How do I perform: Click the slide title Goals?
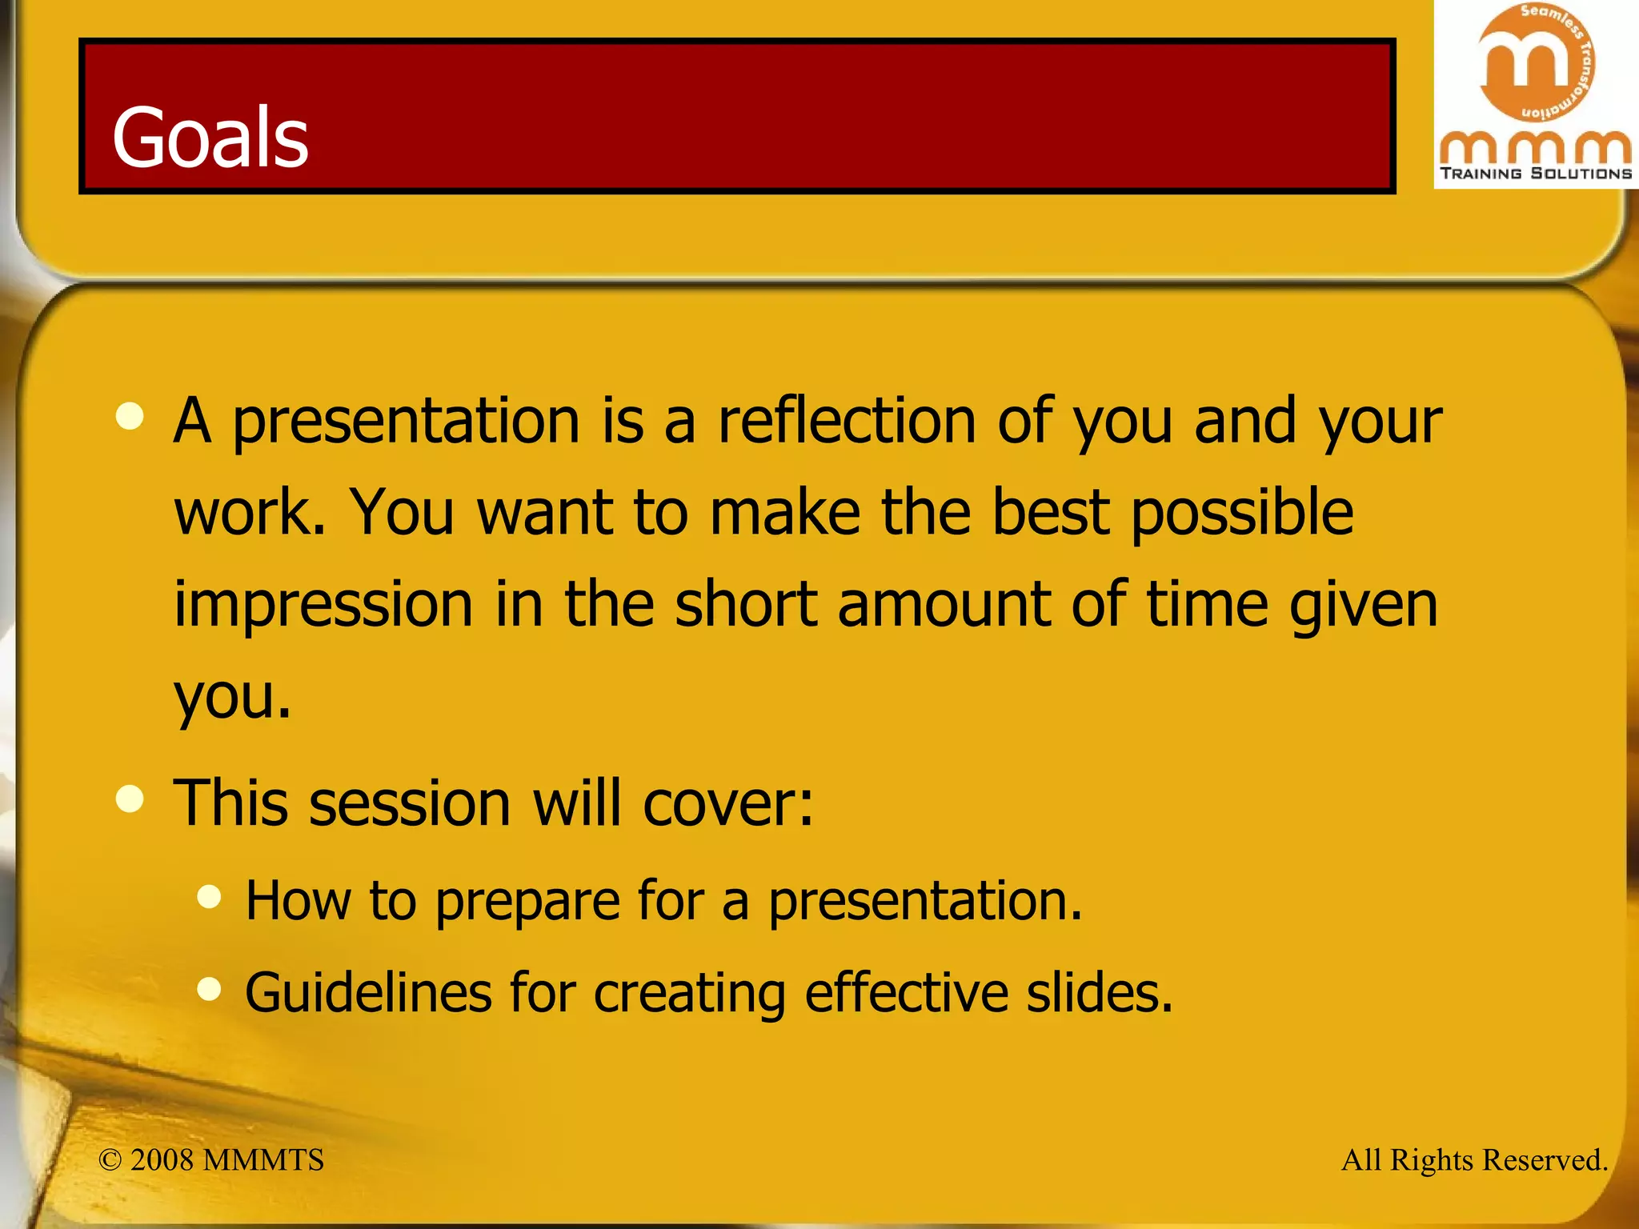[x=210, y=138]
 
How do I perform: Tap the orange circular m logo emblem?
[x=1535, y=62]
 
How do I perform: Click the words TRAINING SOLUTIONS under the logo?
[x=1536, y=174]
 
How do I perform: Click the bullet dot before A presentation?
[x=130, y=416]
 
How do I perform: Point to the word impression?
[x=323, y=605]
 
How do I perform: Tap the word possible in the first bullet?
[x=1242, y=513]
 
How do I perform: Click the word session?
[x=410, y=803]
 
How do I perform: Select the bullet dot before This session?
[x=130, y=799]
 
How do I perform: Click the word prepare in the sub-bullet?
[x=527, y=902]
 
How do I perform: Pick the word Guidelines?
[x=367, y=993]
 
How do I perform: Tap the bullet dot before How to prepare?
[x=209, y=896]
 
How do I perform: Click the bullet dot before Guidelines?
[x=209, y=989]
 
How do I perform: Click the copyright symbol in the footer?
[x=110, y=1160]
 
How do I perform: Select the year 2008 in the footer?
[x=162, y=1160]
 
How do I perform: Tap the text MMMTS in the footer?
[x=263, y=1160]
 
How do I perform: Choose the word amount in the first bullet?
[x=944, y=605]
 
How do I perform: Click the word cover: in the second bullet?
[x=727, y=803]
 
